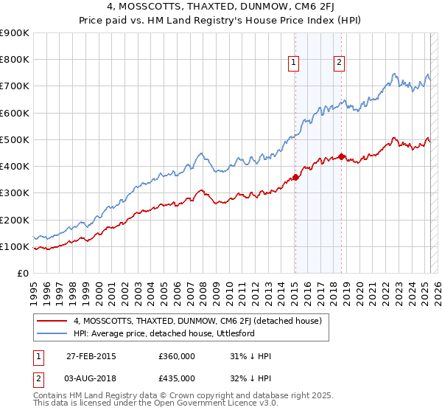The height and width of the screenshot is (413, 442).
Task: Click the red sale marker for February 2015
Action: coord(295,176)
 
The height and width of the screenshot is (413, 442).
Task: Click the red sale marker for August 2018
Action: coord(341,156)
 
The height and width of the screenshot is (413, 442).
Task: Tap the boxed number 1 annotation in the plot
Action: coord(293,63)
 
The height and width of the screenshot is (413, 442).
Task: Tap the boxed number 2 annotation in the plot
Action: coord(339,63)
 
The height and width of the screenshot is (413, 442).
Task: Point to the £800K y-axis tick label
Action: coord(15,60)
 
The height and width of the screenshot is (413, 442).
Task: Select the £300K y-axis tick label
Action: coord(15,193)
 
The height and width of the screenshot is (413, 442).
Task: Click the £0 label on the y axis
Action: coord(22,274)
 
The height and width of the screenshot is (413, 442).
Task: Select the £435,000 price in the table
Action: coord(177,378)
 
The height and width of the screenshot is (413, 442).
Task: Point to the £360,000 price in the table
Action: coord(177,356)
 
